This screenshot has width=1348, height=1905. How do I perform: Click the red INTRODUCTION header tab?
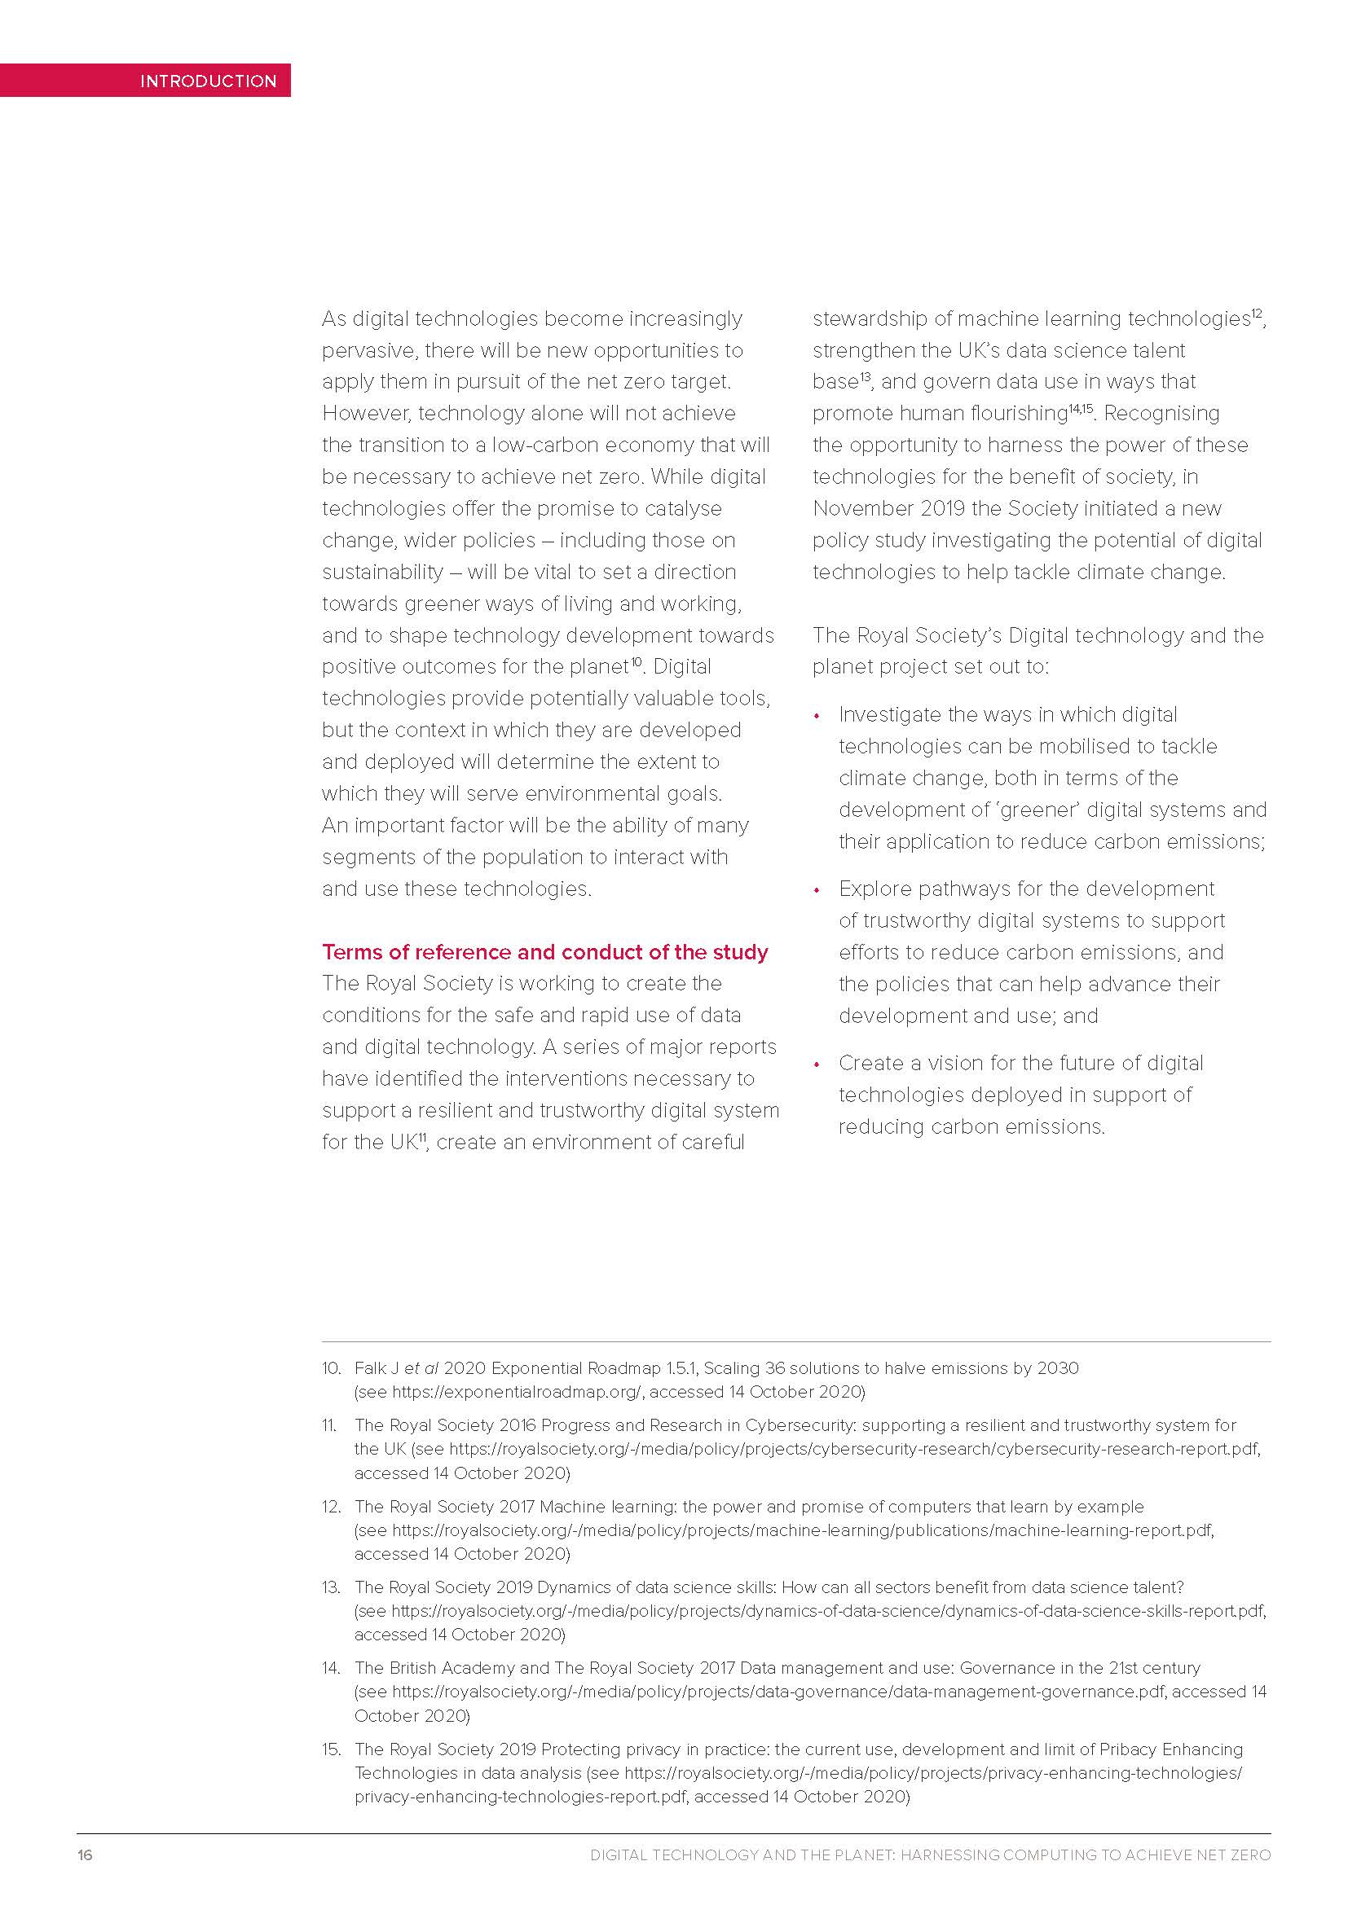coord(208,81)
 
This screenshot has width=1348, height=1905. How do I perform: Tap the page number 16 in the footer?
coord(85,1855)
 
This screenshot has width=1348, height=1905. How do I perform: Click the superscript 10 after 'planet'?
coord(636,662)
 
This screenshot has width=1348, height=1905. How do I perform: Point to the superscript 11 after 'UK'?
coord(421,1138)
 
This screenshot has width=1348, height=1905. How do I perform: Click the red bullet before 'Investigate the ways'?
coord(817,715)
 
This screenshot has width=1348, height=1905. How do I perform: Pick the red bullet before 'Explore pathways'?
coord(817,889)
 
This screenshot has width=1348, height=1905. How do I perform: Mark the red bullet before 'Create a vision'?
coord(817,1064)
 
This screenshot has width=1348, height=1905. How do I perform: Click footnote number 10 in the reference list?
coord(331,1368)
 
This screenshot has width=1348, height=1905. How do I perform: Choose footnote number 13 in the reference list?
coord(331,1587)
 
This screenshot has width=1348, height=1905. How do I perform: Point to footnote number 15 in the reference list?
coord(331,1749)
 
